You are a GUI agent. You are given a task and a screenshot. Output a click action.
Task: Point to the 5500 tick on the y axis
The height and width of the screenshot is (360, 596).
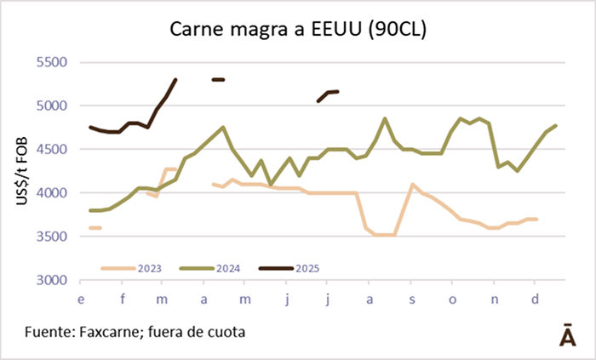click(x=50, y=62)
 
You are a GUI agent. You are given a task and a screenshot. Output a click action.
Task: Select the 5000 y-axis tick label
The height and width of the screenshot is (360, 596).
click(x=50, y=106)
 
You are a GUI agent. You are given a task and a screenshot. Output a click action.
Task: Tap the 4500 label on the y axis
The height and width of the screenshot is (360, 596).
click(x=50, y=149)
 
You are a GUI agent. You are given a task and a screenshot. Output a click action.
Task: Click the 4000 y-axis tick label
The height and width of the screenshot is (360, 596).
click(x=50, y=192)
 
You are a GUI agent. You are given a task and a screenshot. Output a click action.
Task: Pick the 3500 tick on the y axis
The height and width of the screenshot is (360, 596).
click(x=50, y=236)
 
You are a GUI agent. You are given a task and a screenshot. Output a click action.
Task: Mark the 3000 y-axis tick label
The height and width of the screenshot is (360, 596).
click(x=50, y=279)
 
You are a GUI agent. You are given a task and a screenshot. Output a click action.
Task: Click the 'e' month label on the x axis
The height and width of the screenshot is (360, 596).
click(x=81, y=300)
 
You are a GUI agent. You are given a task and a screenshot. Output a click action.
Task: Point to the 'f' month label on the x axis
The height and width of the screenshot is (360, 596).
click(x=123, y=300)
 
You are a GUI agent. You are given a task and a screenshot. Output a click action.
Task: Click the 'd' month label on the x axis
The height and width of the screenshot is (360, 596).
click(x=534, y=300)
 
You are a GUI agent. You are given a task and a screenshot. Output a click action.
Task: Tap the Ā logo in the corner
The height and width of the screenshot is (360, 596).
click(x=565, y=334)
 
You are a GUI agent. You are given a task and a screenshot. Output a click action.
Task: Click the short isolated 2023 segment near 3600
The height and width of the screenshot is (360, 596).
click(x=95, y=227)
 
